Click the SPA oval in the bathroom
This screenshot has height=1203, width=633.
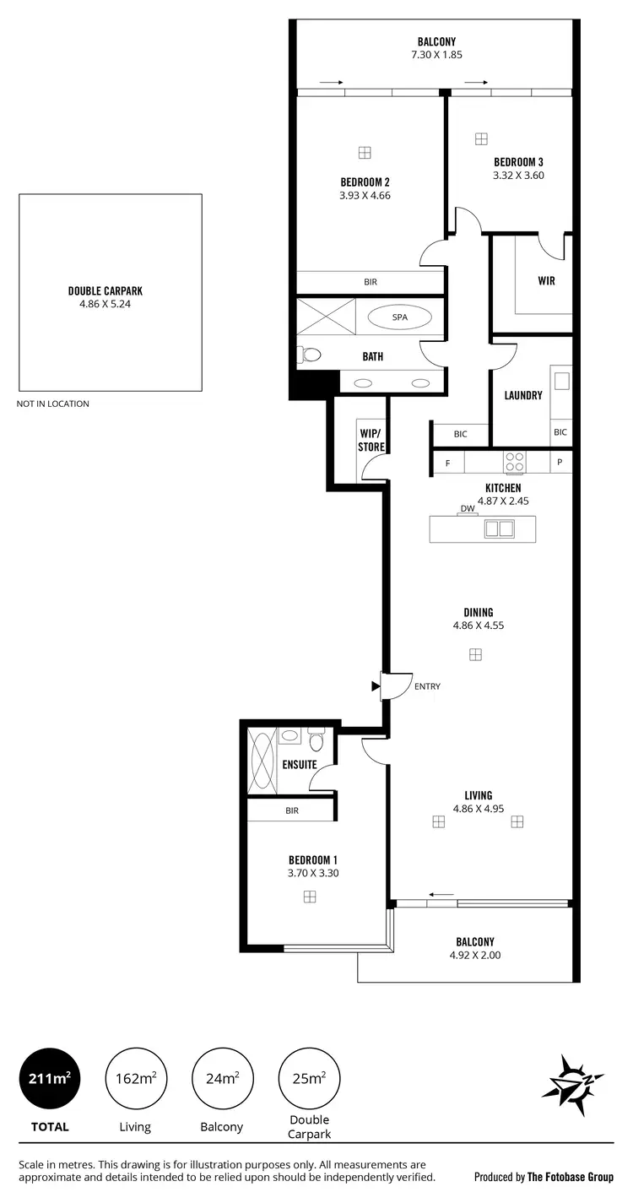[x=399, y=317]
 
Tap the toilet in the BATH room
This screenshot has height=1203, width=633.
[x=309, y=355]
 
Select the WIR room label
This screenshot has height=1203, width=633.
[x=546, y=281]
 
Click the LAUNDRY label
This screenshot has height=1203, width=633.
[x=523, y=395]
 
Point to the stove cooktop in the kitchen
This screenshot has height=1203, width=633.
[x=514, y=462]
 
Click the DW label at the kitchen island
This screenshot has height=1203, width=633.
[x=468, y=508]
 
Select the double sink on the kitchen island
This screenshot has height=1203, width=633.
[x=499, y=528]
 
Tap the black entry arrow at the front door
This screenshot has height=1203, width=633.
[x=376, y=686]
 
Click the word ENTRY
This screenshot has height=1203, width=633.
[x=427, y=686]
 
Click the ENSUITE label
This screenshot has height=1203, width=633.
[x=300, y=765]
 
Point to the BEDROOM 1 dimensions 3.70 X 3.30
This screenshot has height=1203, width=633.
[x=313, y=874]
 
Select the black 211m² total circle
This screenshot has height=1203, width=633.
[x=50, y=1078]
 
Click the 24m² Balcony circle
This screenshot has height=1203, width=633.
[x=222, y=1078]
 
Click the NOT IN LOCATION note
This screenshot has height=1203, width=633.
[x=52, y=404]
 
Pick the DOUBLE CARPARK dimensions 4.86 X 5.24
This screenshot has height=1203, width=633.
[x=111, y=304]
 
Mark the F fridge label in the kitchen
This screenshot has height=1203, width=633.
[x=448, y=463]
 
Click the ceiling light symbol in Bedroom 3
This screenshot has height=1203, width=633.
[x=481, y=138]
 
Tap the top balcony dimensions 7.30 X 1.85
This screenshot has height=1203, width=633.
[x=436, y=55]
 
